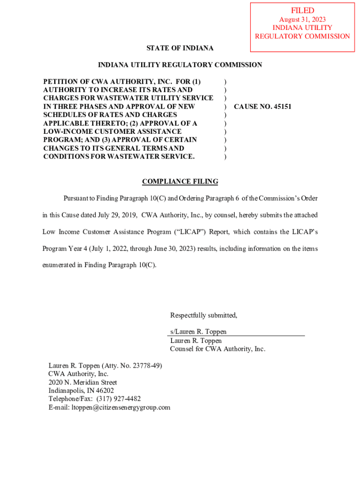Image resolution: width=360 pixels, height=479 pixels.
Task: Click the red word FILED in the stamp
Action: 302,10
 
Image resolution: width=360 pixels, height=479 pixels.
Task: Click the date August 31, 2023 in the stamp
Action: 302,20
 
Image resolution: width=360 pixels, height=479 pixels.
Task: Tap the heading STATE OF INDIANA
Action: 180,48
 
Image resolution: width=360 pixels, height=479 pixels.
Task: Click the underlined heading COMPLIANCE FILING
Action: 180,181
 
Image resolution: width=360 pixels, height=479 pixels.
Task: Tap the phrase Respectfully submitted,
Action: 203,315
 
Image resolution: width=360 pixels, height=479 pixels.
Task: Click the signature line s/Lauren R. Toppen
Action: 198,332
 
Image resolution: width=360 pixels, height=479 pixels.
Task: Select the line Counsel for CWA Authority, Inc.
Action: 217,349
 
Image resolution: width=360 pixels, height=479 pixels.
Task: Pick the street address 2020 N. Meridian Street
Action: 83,382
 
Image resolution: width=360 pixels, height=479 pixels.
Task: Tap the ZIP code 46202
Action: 104,391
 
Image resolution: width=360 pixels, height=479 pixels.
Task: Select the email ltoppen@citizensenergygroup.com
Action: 121,407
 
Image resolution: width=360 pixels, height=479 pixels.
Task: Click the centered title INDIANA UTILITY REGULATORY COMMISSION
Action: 180,65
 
